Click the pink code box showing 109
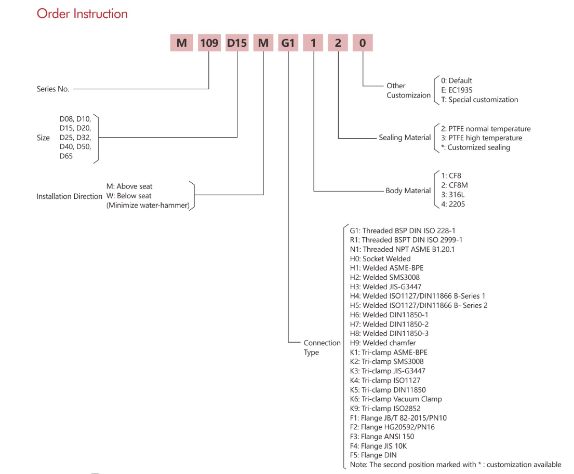tap(209, 43)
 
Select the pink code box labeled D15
tap(237, 43)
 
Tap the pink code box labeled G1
tap(288, 43)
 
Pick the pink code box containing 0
tap(363, 43)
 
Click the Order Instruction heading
tap(83, 14)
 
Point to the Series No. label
tap(53, 89)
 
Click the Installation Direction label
tap(69, 196)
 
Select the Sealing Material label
tap(405, 138)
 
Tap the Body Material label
tap(408, 191)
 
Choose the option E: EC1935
tap(457, 90)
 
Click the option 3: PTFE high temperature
tap(482, 138)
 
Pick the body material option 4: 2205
tap(453, 204)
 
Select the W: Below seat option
tap(129, 196)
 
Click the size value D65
tap(66, 156)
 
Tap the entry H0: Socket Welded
tap(380, 259)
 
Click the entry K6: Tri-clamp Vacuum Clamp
tap(396, 399)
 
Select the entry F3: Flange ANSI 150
tap(382, 436)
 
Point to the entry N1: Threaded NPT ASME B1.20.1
tap(402, 249)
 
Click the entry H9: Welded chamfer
tap(382, 343)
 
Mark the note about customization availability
tap(456, 465)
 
